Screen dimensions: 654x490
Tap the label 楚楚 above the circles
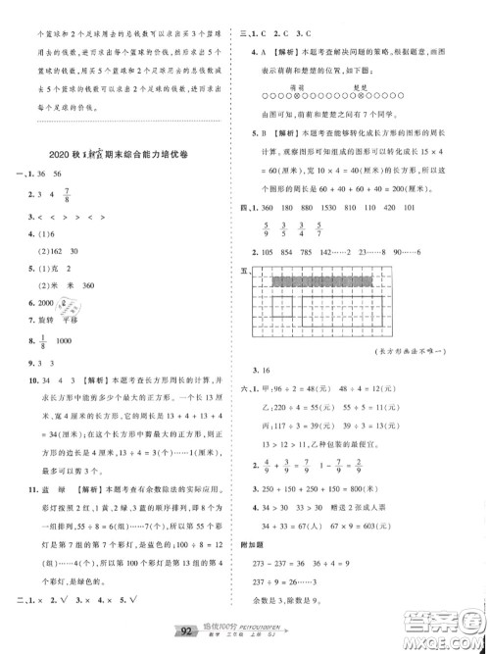point(359,85)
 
